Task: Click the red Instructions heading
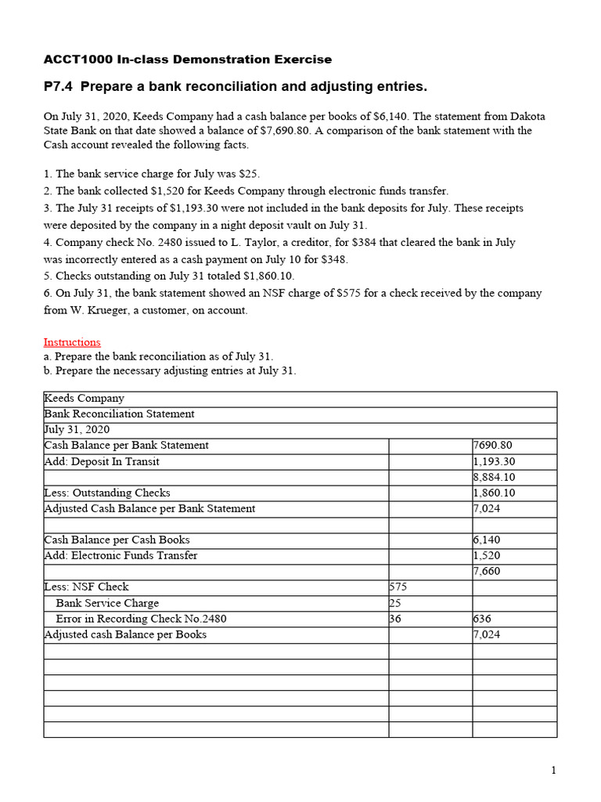coord(72,342)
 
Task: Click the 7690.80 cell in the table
coord(495,446)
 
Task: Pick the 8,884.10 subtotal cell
coord(495,477)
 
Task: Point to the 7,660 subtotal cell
coord(487,571)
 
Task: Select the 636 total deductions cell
coord(483,619)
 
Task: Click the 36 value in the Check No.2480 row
coord(396,619)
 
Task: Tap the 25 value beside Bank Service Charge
coord(395,603)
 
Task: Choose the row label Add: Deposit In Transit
coord(102,461)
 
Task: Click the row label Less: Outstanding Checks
coord(107,493)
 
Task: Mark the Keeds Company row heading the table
coord(84,399)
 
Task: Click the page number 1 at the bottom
coord(553,771)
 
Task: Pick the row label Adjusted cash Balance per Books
coord(125,634)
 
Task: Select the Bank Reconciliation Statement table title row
coord(119,414)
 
